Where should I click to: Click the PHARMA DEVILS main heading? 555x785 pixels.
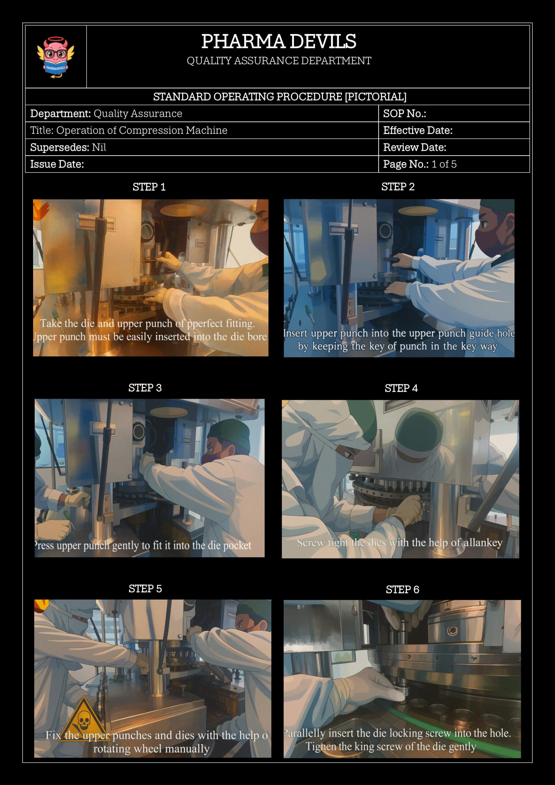(279, 41)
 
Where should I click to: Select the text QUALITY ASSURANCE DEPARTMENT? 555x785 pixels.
(279, 61)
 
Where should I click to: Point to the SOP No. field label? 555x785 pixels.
(404, 113)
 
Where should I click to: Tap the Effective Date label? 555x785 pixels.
(418, 130)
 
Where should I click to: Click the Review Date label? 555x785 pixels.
(415, 147)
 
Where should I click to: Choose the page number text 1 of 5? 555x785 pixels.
(444, 164)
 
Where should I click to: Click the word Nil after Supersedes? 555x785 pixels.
(99, 147)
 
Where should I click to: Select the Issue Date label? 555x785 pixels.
(57, 164)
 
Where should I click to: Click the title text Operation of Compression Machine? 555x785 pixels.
(142, 130)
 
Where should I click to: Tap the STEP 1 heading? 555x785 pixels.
(149, 187)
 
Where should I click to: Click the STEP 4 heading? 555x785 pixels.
(401, 389)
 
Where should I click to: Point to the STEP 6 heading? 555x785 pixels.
(403, 590)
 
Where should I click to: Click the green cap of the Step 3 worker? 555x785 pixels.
(230, 433)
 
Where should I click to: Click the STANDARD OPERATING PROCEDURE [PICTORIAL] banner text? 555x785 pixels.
(280, 97)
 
